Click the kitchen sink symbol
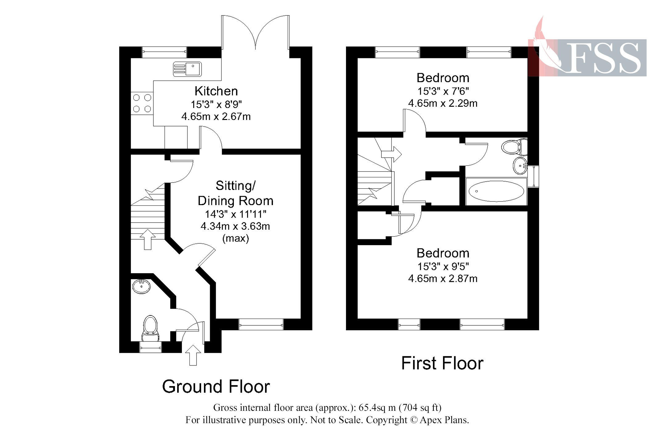coord(187,69)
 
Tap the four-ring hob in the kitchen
coord(142,103)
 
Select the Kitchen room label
coord(216,91)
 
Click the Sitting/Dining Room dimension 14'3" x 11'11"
coord(236,214)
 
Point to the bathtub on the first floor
coord(496,191)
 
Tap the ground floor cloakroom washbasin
coord(141,286)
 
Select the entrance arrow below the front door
coord(193,355)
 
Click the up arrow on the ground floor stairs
coord(148,239)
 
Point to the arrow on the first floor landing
coord(392,154)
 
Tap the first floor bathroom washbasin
coord(520,166)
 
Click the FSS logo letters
coord(603,58)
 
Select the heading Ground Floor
coord(216,387)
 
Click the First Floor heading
coord(442,363)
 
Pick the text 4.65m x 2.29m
coord(443,103)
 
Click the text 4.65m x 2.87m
coord(443,279)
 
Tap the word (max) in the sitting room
coord(236,238)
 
